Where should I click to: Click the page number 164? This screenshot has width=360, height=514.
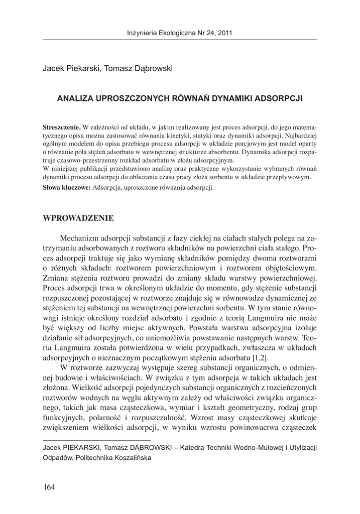[49, 486]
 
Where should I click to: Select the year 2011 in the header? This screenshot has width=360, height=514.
[223, 34]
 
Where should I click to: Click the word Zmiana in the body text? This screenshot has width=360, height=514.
[56, 278]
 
